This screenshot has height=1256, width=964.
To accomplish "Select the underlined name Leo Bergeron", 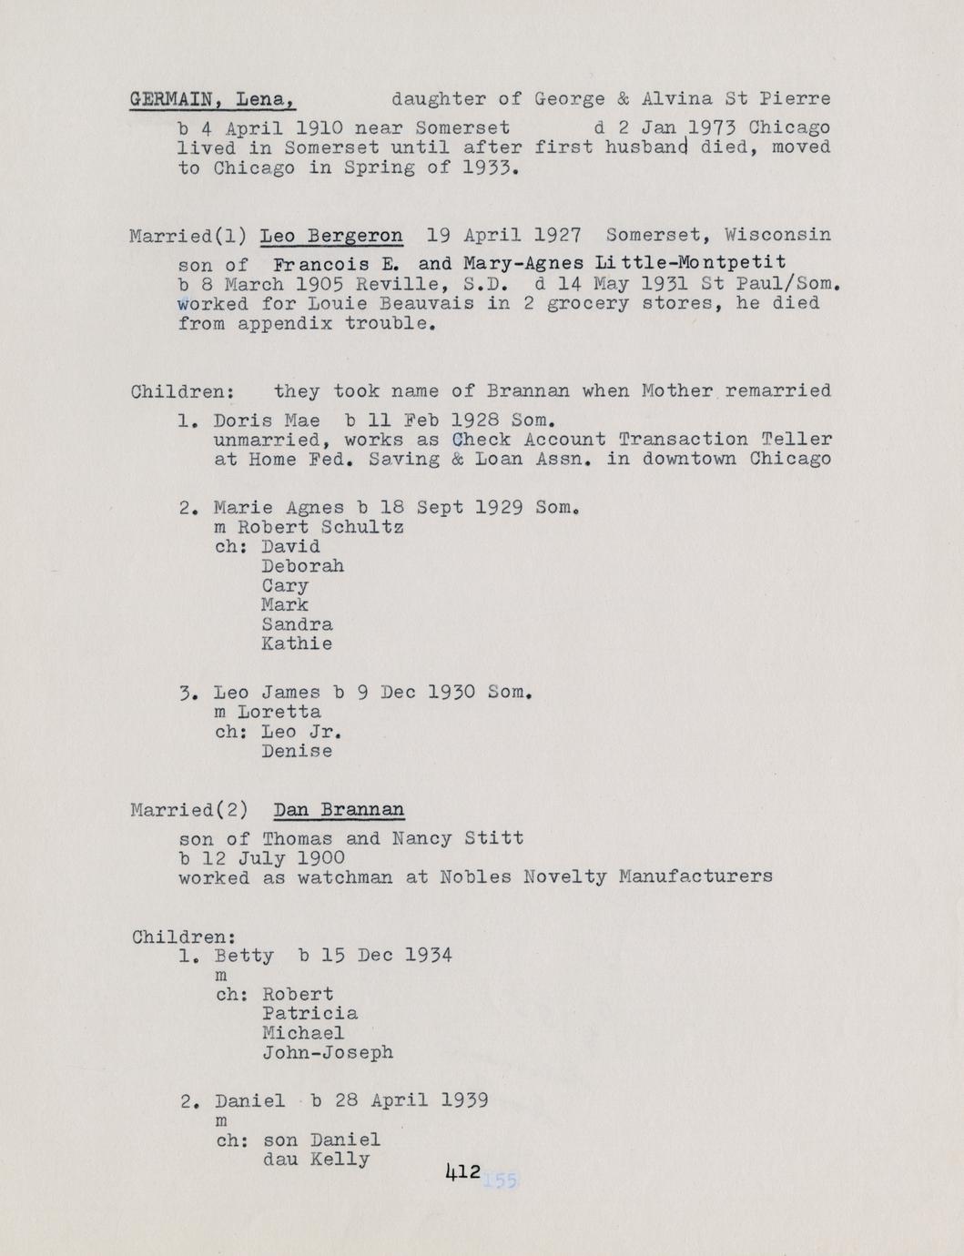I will [331, 236].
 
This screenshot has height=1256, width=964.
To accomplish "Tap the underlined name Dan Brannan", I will [339, 810].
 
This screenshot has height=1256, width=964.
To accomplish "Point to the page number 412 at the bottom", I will [463, 1172].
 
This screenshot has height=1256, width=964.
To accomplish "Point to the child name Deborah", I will [302, 566].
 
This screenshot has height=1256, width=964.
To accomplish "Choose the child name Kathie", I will [297, 643].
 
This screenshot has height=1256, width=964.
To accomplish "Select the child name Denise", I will [297, 752].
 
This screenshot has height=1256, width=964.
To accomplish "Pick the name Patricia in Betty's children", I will [309, 1013].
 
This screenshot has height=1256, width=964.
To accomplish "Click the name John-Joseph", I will [328, 1052].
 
